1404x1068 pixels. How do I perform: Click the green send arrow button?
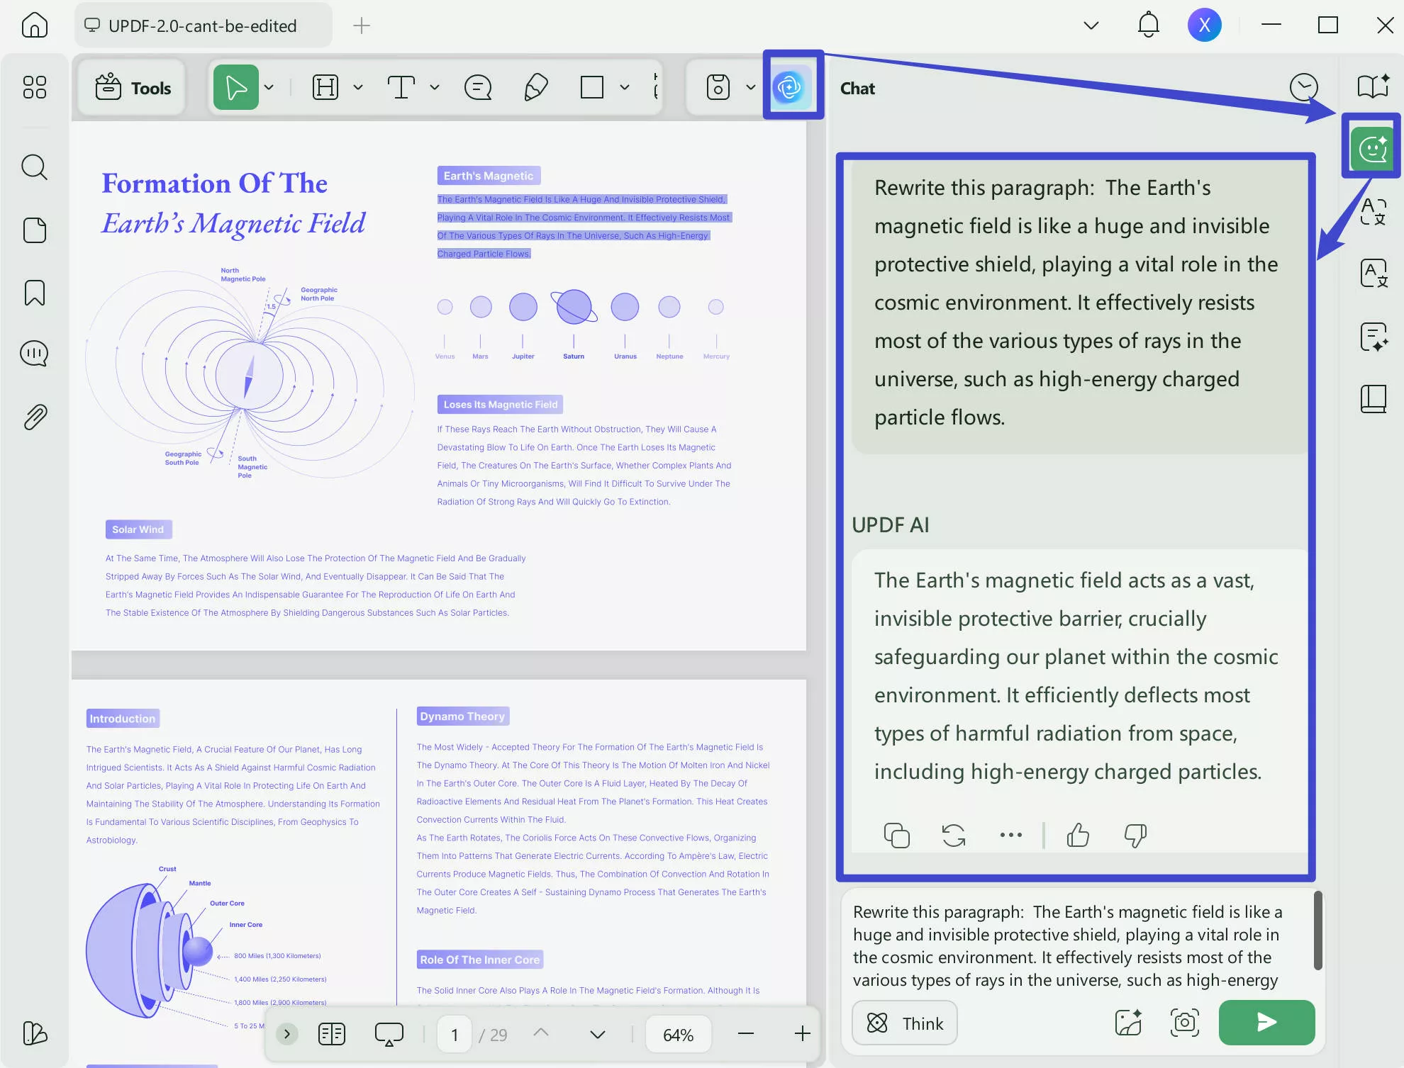pyautogui.click(x=1266, y=1022)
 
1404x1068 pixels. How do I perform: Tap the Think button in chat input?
pyautogui.click(x=904, y=1023)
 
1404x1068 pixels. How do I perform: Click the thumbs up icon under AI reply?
pyautogui.click(x=1078, y=835)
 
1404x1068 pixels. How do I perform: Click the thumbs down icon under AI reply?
pyautogui.click(x=1135, y=835)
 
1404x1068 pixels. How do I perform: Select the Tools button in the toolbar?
pyautogui.click(x=133, y=88)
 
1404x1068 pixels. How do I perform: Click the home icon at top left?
pyautogui.click(x=34, y=26)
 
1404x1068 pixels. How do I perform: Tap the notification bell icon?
pyautogui.click(x=1148, y=26)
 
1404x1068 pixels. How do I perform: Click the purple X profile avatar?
pyautogui.click(x=1204, y=26)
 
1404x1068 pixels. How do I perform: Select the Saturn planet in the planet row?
pyautogui.click(x=574, y=307)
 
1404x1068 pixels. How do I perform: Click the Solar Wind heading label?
pyautogui.click(x=138, y=529)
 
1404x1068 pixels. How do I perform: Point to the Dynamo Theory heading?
pyautogui.click(x=462, y=716)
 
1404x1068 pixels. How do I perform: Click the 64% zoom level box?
pyautogui.click(x=678, y=1035)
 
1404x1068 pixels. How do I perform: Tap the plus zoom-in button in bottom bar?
pyautogui.click(x=802, y=1034)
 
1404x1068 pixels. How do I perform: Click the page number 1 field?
pyautogui.click(x=455, y=1035)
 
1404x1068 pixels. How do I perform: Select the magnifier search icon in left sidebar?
pyautogui.click(x=34, y=167)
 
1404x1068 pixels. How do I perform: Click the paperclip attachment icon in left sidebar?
pyautogui.click(x=34, y=417)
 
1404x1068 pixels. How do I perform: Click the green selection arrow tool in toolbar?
pyautogui.click(x=235, y=88)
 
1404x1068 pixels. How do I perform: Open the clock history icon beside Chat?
pyautogui.click(x=1303, y=88)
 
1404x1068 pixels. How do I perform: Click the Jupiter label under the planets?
pyautogui.click(x=523, y=356)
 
